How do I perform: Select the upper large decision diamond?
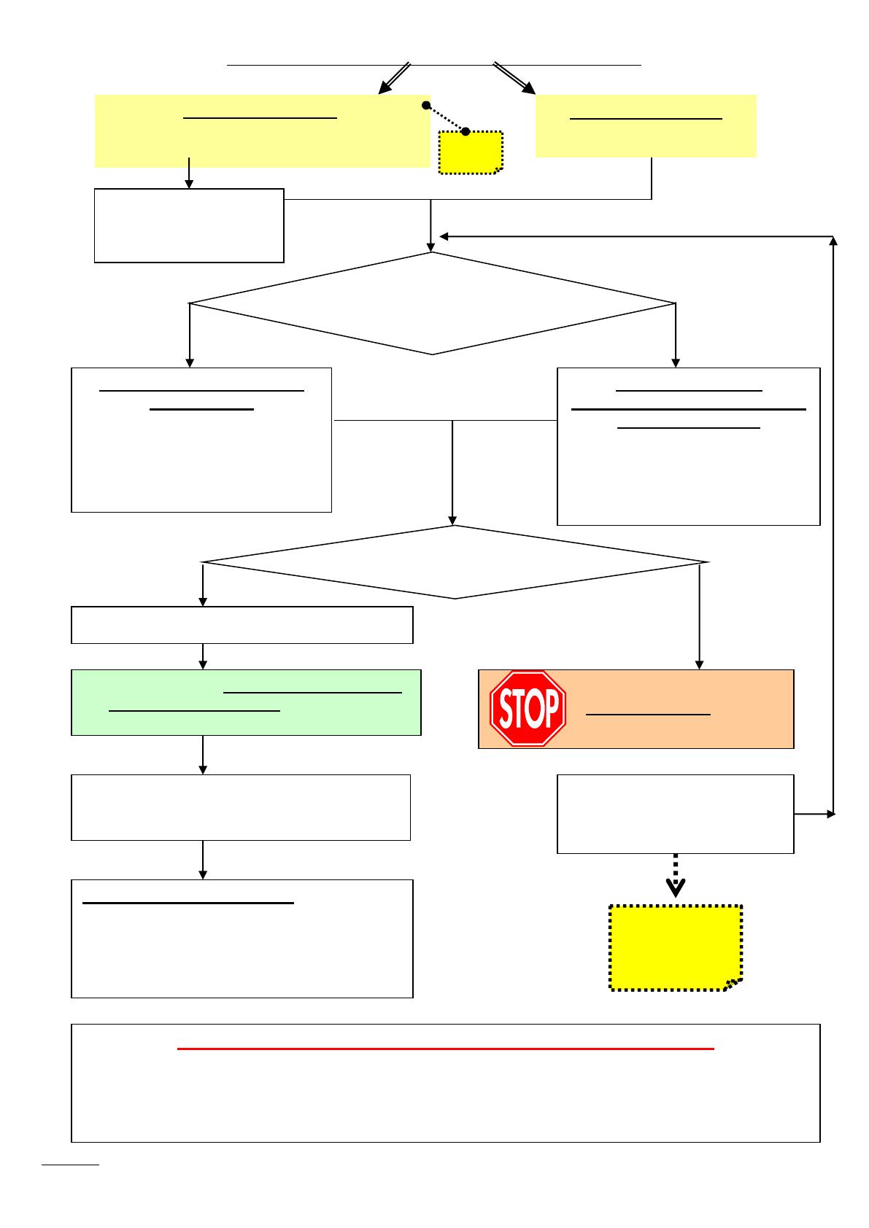click(x=432, y=303)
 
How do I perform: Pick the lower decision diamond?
click(x=454, y=562)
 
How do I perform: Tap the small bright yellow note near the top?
click(x=471, y=153)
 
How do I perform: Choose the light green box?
click(x=246, y=702)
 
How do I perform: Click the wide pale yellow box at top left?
click(x=262, y=131)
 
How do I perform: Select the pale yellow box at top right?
click(x=646, y=125)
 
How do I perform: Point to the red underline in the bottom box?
click(x=445, y=1049)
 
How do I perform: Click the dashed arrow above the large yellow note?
click(x=676, y=875)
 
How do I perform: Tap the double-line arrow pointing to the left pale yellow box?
click(x=394, y=79)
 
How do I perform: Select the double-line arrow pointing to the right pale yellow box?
click(x=515, y=79)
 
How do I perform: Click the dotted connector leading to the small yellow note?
click(x=445, y=119)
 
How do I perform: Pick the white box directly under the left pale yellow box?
click(x=189, y=225)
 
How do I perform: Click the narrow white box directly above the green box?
click(x=242, y=625)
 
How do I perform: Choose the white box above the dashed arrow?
click(x=675, y=814)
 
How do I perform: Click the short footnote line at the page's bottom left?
click(x=70, y=1165)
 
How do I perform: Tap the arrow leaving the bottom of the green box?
click(x=203, y=755)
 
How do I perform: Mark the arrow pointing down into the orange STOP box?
click(x=700, y=620)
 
